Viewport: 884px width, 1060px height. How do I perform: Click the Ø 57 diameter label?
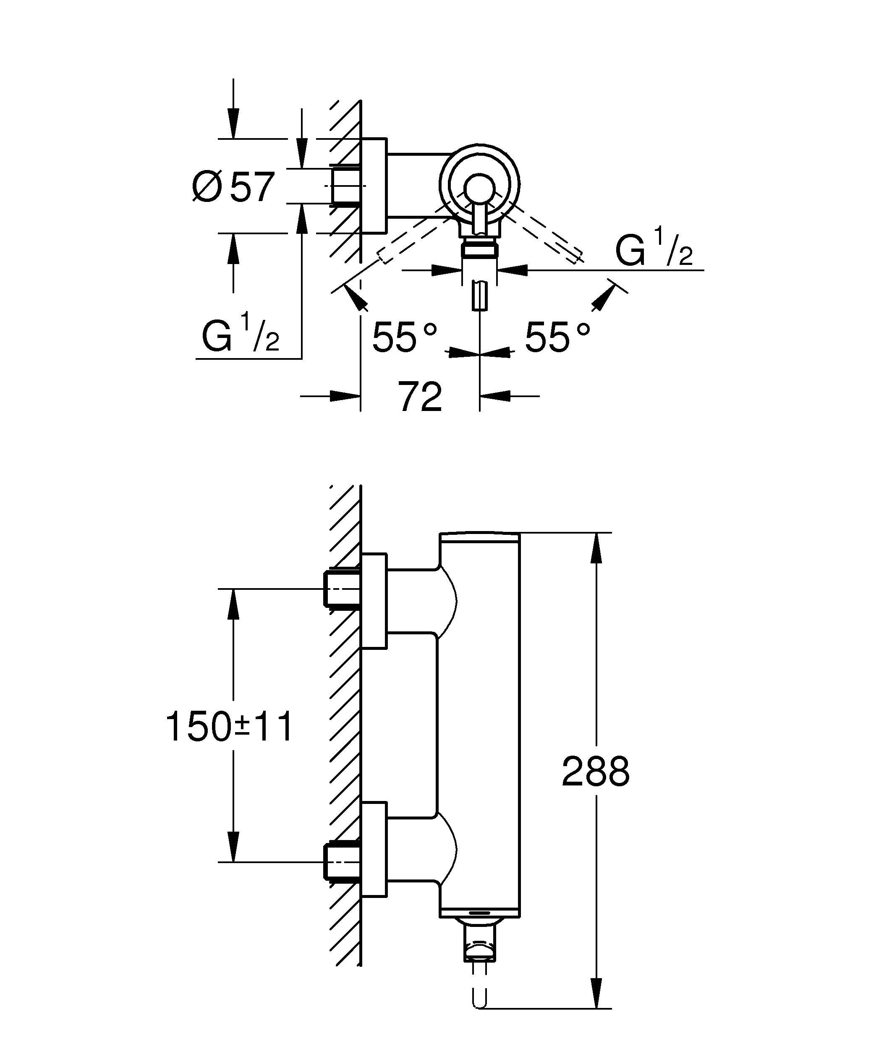coord(233,187)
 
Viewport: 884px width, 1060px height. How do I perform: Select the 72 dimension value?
coord(420,397)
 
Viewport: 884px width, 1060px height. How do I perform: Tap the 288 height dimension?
coord(595,771)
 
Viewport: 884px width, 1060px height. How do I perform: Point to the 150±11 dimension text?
coord(229,727)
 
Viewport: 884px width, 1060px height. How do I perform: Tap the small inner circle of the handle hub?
coord(479,188)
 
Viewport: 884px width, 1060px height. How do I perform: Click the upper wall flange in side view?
coord(374,601)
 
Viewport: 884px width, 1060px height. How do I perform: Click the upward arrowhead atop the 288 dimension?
coord(596,548)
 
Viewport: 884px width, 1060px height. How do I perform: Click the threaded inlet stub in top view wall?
coord(345,186)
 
